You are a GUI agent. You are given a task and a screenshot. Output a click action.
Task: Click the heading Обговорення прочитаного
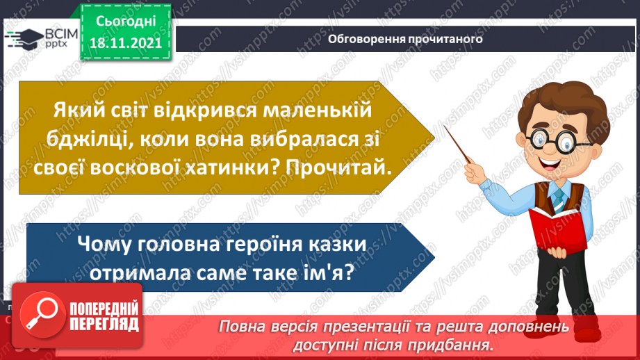[x=405, y=40]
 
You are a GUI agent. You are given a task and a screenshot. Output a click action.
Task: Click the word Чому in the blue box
[x=107, y=245]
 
